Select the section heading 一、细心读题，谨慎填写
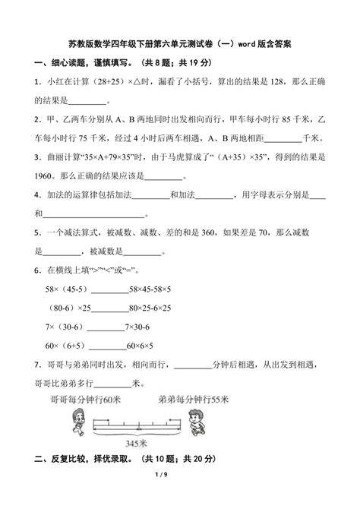(x=84, y=62)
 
